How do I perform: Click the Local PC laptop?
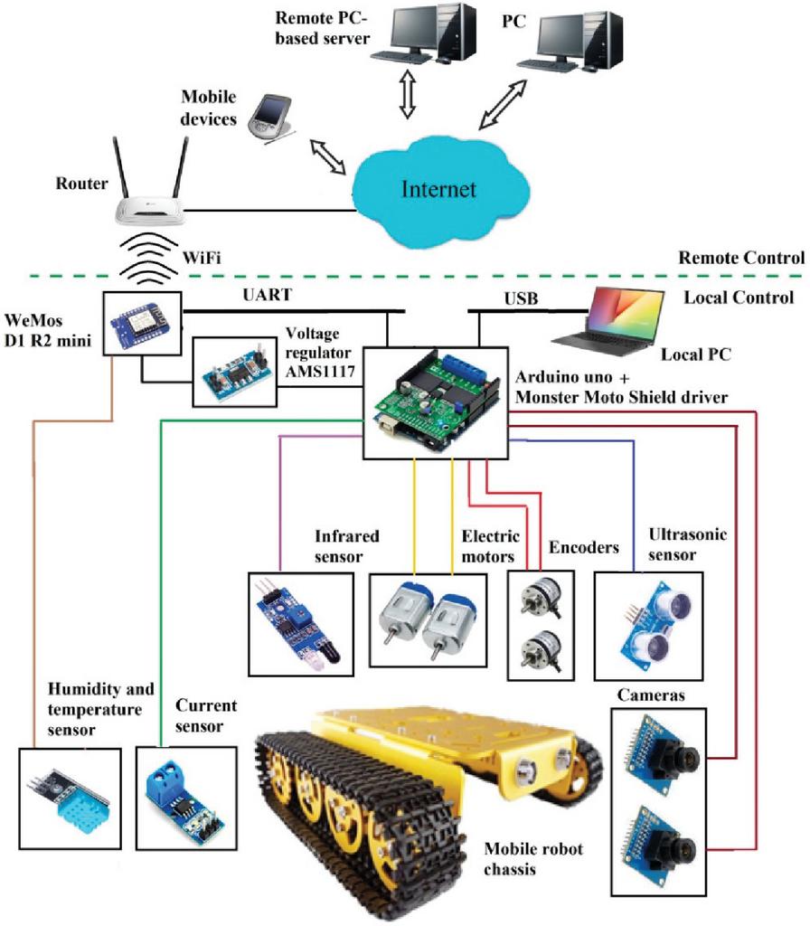click(x=608, y=320)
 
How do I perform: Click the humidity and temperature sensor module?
click(x=69, y=797)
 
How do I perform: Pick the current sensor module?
click(x=185, y=796)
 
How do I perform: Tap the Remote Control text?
click(x=741, y=257)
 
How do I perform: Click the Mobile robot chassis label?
click(x=533, y=858)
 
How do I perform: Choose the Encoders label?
click(x=584, y=547)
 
